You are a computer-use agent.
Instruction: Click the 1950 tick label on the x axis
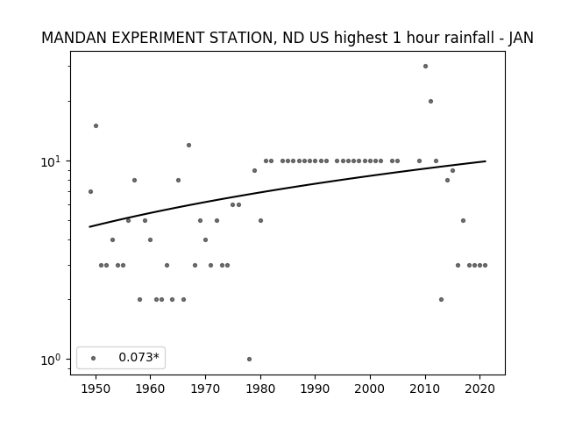click(96, 389)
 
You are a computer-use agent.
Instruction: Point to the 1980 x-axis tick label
click(260, 389)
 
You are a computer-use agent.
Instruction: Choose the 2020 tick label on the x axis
click(480, 389)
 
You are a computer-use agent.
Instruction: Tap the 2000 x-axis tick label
click(370, 389)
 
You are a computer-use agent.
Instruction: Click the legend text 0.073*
click(138, 357)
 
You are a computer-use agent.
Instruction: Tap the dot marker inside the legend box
click(94, 358)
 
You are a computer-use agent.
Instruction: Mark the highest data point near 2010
click(425, 67)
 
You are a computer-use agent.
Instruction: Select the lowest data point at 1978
click(249, 359)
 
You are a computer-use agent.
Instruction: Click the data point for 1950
click(96, 125)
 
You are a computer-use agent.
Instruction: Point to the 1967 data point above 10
click(189, 145)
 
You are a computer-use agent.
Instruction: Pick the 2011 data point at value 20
click(430, 102)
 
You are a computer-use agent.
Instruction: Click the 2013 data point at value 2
click(441, 299)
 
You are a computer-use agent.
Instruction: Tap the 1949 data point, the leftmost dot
click(90, 191)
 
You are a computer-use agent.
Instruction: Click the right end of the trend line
click(486, 161)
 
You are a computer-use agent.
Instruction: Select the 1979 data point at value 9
click(255, 170)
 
